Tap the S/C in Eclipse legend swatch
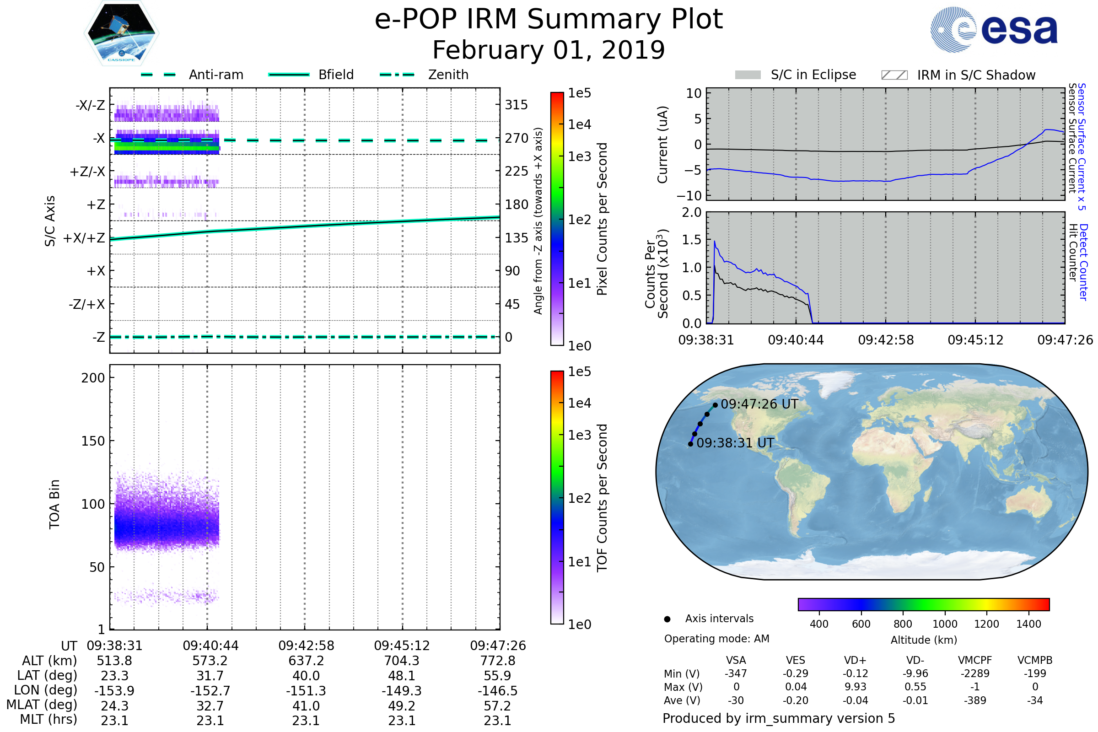pos(748,75)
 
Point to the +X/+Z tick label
pos(84,238)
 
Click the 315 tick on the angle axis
pos(516,105)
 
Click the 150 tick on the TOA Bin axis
pos(93,441)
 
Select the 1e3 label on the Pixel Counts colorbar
pos(579,156)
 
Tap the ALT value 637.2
pos(306,661)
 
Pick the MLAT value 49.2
pos(402,706)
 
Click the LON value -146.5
pos(497,690)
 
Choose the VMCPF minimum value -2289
pos(975,673)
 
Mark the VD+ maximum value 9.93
pos(855,687)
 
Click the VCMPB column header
pos(1034,660)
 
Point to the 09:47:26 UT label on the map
pos(759,404)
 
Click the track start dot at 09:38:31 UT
pos(690,444)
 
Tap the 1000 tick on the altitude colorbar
pos(944,624)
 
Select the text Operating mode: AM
pos(716,639)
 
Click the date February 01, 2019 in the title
pos(549,50)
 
